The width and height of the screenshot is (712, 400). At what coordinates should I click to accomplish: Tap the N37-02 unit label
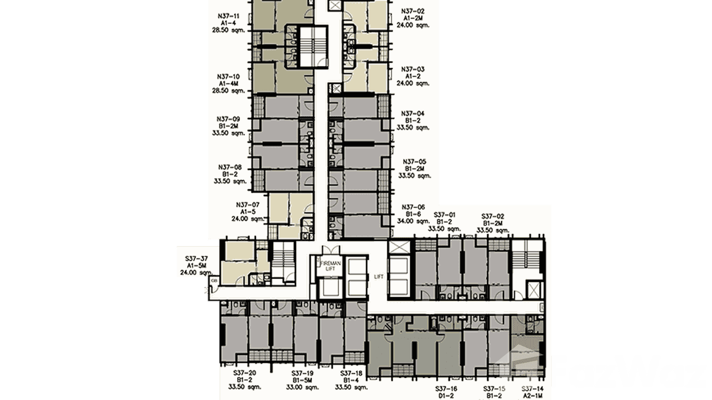click(413, 11)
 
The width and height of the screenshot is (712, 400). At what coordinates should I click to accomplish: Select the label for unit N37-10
click(229, 76)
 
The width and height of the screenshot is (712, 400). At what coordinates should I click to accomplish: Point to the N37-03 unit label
click(413, 69)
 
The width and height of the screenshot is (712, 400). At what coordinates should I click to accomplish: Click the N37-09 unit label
click(229, 119)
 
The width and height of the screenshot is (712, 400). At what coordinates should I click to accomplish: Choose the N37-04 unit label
click(413, 114)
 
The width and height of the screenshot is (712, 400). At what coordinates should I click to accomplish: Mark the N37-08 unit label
click(229, 167)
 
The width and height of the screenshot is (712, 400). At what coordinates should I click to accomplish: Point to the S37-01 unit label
click(444, 215)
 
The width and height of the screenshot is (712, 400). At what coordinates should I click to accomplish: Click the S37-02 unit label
click(492, 216)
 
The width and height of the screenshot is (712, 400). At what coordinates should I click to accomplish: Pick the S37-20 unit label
click(245, 373)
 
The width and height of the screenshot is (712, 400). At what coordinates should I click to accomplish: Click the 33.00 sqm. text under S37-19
click(303, 387)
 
